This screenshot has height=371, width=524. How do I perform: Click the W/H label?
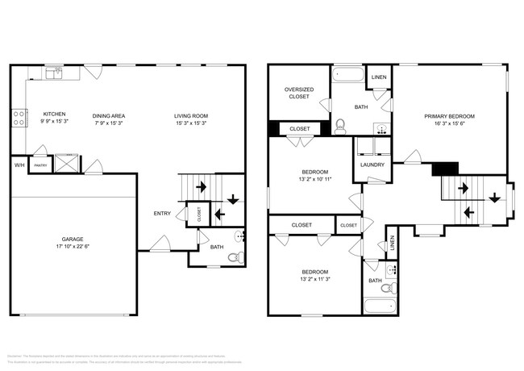19,165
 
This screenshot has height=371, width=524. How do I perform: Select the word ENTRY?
162,213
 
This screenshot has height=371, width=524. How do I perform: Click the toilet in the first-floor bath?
235,258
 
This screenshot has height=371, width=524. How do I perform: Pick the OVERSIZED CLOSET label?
298,93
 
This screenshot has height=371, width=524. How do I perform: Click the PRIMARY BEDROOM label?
449,116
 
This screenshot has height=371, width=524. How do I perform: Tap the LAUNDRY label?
372,165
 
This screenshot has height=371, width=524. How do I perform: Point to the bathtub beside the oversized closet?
348,77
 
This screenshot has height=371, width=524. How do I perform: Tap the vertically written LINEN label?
393,243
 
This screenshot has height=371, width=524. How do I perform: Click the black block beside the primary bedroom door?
444,168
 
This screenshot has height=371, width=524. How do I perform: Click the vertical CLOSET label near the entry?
199,214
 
